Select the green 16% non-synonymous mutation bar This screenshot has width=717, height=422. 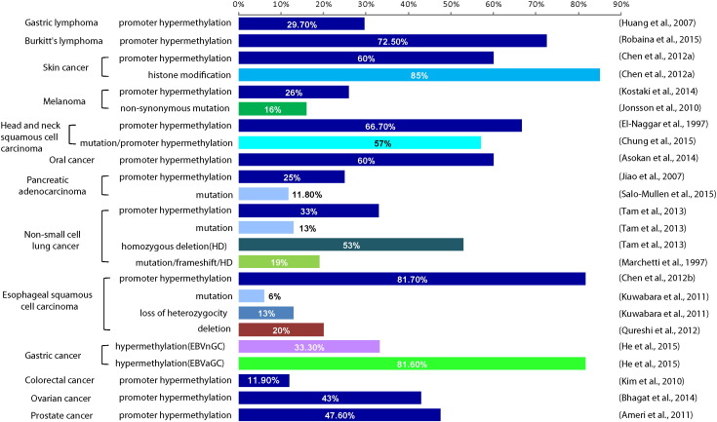pos(272,108)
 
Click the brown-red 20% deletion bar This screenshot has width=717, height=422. pos(281,329)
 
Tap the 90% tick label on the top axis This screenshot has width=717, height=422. pos(619,7)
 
